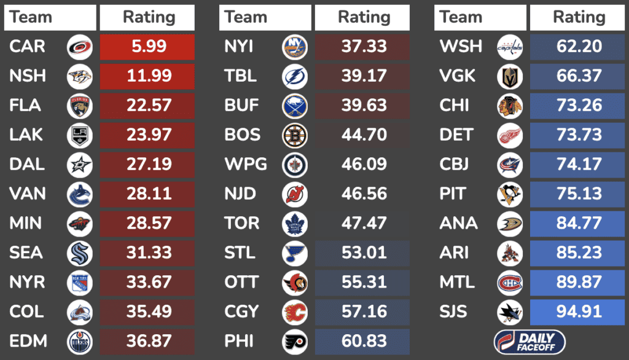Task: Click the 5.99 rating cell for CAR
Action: (x=147, y=47)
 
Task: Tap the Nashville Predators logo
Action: (x=80, y=76)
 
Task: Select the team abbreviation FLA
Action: (x=25, y=106)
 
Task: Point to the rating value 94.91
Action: (x=579, y=311)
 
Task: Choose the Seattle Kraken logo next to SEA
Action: (x=80, y=253)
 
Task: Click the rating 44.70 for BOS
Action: (x=364, y=135)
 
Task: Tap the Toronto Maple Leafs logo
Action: (x=295, y=224)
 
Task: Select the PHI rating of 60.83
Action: (x=364, y=341)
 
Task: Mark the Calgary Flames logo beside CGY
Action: (x=295, y=312)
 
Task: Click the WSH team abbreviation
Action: (x=461, y=47)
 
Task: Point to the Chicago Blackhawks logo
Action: (x=510, y=106)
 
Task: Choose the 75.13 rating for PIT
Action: (x=579, y=194)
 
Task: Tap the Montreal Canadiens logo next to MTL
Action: (x=510, y=283)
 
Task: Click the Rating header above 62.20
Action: (x=579, y=17)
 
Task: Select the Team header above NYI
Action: (x=246, y=17)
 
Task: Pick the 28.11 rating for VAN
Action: (x=149, y=194)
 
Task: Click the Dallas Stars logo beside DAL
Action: (x=80, y=165)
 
